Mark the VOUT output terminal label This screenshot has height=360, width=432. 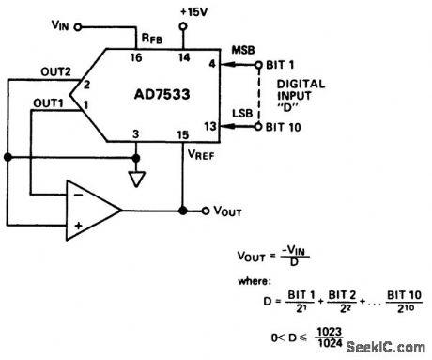(x=226, y=211)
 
